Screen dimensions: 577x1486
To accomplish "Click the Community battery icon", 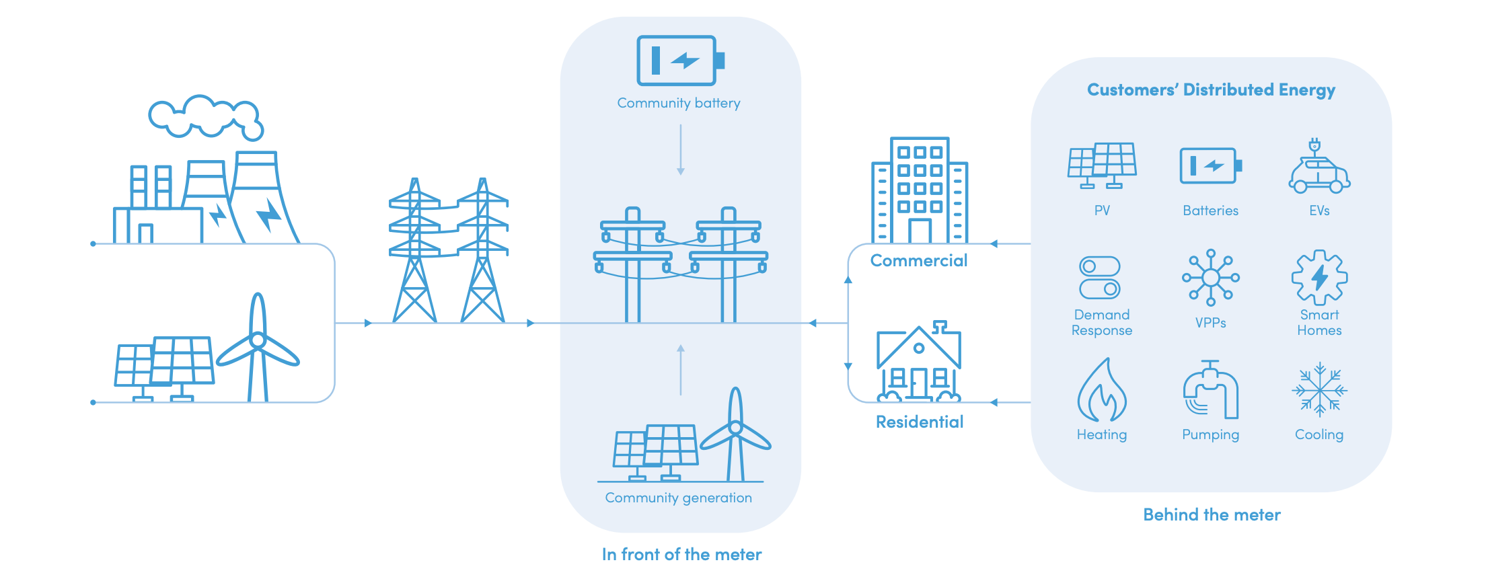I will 679,61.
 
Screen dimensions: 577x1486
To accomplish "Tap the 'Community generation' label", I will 678,498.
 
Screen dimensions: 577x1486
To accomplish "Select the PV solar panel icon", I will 1101,165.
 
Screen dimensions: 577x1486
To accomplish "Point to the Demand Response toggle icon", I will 1099,277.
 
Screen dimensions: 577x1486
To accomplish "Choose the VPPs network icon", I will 1210,277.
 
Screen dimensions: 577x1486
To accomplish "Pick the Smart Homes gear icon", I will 1319,277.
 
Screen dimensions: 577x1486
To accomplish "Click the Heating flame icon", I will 1101,391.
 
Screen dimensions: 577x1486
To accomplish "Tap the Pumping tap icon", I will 1210,390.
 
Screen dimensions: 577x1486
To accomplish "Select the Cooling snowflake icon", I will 1319,390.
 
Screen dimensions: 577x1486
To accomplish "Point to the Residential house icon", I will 919,362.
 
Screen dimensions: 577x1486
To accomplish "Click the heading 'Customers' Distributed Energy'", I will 1211,90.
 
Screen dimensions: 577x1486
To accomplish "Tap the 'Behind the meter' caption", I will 1212,515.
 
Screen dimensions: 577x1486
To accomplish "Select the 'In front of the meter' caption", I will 681,555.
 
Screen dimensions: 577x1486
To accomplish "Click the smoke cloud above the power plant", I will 206,116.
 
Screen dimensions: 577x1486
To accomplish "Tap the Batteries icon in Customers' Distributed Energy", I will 1210,165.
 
